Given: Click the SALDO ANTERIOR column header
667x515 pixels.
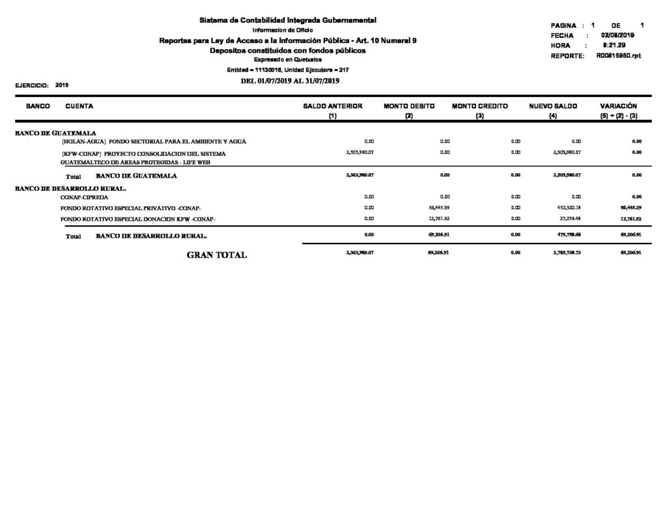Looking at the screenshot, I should click(x=333, y=105).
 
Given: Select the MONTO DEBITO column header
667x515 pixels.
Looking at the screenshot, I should click(x=409, y=105).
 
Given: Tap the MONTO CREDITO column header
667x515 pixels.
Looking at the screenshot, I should click(x=480, y=105).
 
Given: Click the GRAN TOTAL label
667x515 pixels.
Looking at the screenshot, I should click(x=217, y=255).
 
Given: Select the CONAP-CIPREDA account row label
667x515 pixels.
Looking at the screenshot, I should click(x=85, y=196).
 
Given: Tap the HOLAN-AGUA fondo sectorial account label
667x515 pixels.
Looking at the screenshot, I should click(x=154, y=141).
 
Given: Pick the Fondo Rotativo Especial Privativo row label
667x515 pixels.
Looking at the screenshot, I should click(x=131, y=208).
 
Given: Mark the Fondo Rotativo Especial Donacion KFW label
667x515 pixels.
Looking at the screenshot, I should click(x=138, y=219).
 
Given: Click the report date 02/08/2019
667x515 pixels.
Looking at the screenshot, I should click(x=618, y=35).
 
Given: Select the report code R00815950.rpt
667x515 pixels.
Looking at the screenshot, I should click(x=618, y=56).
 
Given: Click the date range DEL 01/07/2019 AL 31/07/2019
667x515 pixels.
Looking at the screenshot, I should click(x=290, y=81).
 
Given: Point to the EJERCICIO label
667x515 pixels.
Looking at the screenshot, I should click(x=30, y=85).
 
